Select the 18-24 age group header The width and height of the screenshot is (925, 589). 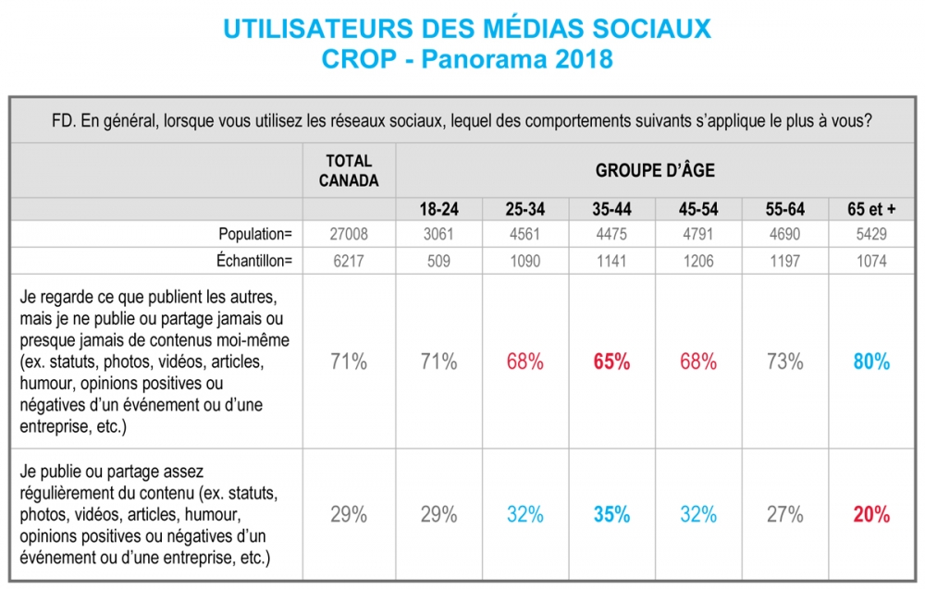coord(439,209)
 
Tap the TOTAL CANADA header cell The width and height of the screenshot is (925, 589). coord(349,171)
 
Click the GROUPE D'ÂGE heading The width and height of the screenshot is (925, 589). coord(655,171)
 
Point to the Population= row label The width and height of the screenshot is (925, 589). coord(255,234)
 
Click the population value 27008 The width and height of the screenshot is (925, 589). coord(349,234)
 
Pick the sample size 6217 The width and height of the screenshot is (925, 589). coord(349,261)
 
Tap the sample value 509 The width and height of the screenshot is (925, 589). coord(439,261)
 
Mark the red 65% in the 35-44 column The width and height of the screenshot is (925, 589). coord(611,362)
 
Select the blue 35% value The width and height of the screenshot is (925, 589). coord(611,514)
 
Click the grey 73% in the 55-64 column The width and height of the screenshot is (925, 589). coord(784,362)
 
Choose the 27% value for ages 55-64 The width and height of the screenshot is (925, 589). coord(784,514)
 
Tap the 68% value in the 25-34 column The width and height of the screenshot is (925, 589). coord(525,362)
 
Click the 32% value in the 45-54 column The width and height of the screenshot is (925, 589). coord(698,514)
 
